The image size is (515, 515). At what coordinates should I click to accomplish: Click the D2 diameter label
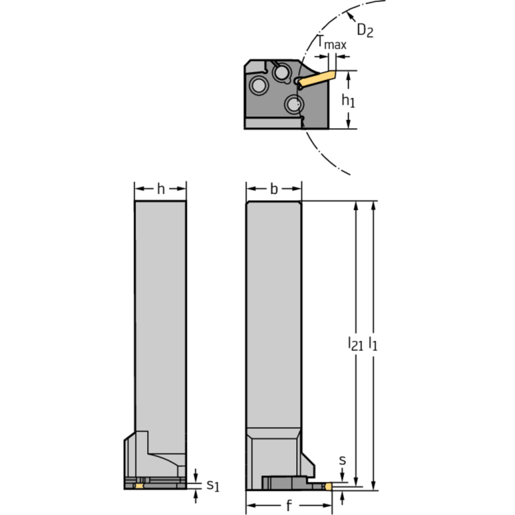365,30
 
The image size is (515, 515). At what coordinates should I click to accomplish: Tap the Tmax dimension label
332,45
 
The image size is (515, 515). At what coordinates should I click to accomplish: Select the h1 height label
347,101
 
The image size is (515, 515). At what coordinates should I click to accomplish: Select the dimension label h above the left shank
160,189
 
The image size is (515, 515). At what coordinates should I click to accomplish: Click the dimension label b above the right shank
273,189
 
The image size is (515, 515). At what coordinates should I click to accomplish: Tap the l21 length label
355,344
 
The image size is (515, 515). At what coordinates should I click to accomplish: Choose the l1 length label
373,344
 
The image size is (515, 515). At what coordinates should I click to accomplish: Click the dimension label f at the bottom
289,506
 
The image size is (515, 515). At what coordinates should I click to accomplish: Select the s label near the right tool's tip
342,461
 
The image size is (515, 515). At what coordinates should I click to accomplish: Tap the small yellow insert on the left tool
140,485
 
